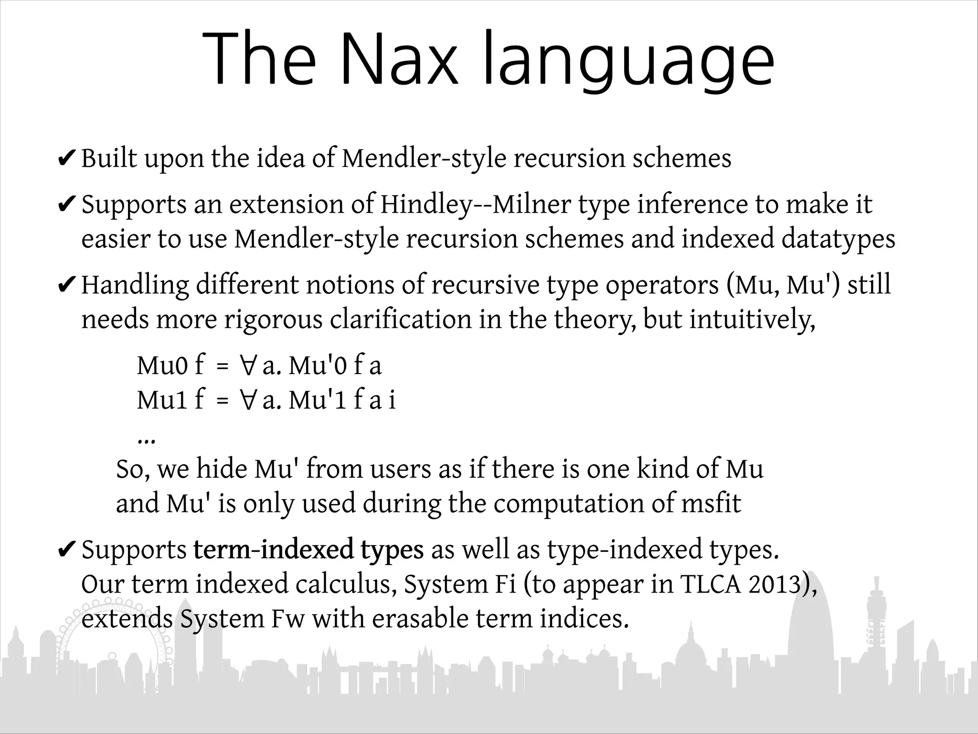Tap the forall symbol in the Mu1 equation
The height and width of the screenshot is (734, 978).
247,400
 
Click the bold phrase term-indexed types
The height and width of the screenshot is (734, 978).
308,550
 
